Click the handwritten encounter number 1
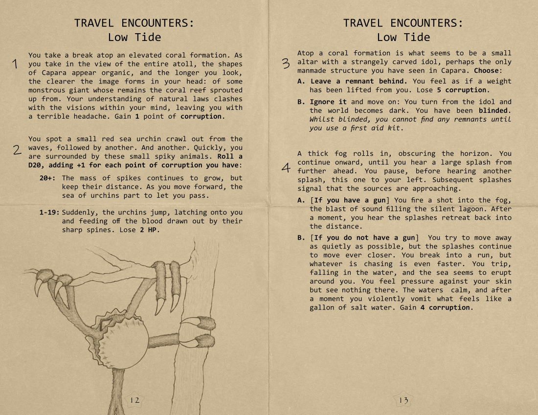coord(16,64)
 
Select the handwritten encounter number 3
coord(286,63)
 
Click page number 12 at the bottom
coord(134,400)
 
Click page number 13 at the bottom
coord(403,400)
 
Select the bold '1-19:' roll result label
coord(49,212)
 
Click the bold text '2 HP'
coord(150,230)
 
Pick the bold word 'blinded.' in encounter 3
coord(495,111)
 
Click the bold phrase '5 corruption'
coord(462,90)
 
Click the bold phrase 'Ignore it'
coord(328,102)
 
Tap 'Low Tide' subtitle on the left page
coord(134,37)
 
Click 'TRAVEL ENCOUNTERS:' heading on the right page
coord(403,23)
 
